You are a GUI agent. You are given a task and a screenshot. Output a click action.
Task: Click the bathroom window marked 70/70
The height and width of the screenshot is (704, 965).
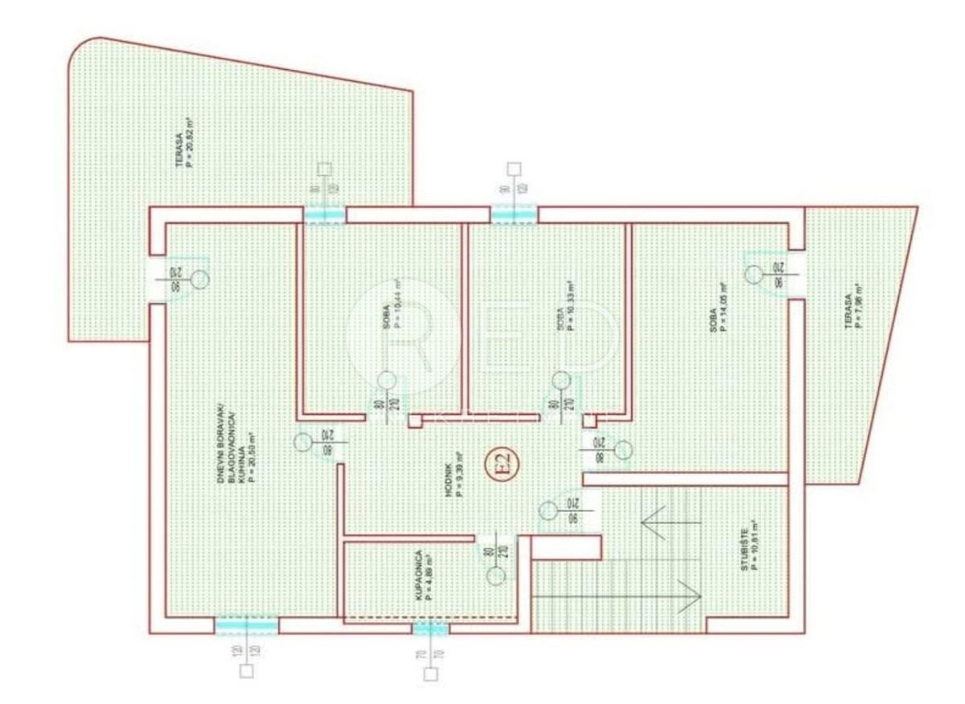click(430, 628)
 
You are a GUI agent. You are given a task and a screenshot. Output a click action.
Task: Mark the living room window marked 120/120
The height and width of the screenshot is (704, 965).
click(247, 626)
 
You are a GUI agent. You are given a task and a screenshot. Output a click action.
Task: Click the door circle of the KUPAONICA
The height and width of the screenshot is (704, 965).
click(496, 574)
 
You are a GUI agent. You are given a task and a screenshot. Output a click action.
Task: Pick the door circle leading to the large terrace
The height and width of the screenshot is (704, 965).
click(201, 279)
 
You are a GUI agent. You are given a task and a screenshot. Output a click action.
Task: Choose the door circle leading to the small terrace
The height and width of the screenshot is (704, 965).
click(753, 274)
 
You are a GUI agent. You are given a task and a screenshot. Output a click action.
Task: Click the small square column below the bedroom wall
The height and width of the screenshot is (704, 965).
click(415, 421)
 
